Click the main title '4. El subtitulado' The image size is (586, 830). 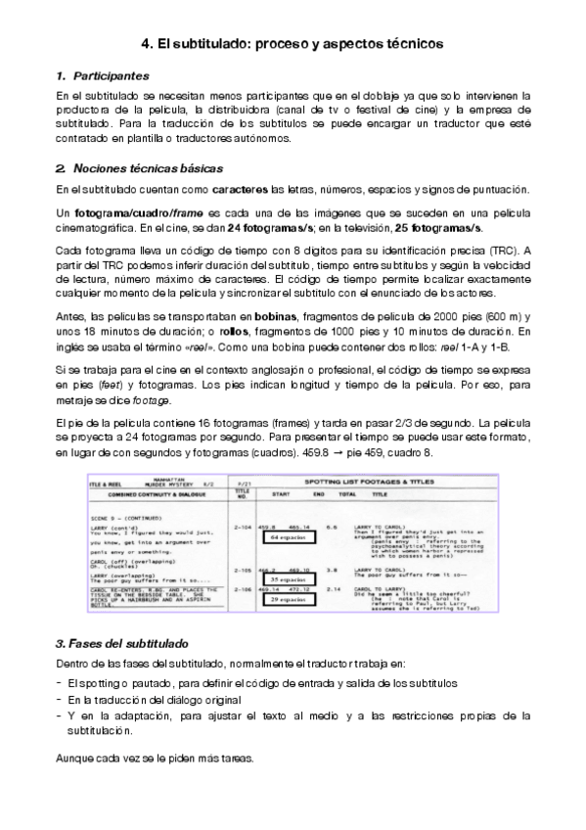click(293, 43)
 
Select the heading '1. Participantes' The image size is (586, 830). click(103, 75)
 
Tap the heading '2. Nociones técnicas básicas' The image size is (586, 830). click(139, 168)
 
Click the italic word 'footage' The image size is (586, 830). click(127, 401)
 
